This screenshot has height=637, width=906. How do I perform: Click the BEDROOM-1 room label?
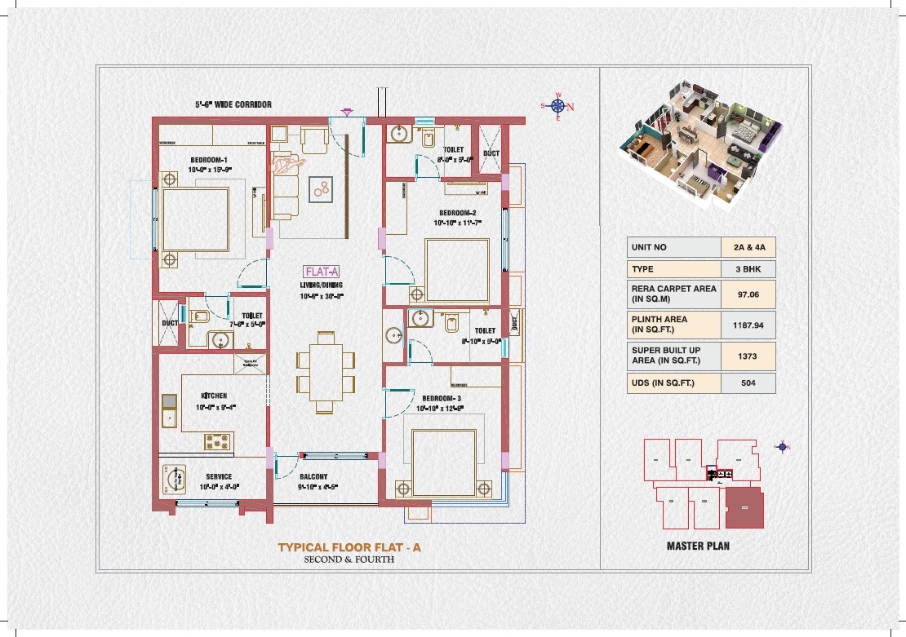click(209, 160)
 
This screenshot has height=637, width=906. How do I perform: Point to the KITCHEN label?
click(211, 396)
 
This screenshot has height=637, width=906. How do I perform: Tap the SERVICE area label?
click(218, 477)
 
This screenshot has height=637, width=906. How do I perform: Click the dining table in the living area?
click(326, 371)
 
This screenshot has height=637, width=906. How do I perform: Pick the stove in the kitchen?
click(218, 441)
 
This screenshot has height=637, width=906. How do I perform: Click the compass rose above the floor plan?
click(558, 106)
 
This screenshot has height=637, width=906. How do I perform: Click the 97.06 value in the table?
click(748, 294)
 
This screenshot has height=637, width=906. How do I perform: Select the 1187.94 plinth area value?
click(748, 325)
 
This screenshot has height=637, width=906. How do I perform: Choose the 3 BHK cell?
click(748, 269)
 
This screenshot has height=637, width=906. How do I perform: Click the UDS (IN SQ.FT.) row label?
click(663, 383)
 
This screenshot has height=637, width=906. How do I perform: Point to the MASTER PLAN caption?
click(698, 545)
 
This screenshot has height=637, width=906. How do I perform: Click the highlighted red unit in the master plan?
click(744, 507)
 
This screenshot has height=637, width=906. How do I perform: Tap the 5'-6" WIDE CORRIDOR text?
click(233, 104)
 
